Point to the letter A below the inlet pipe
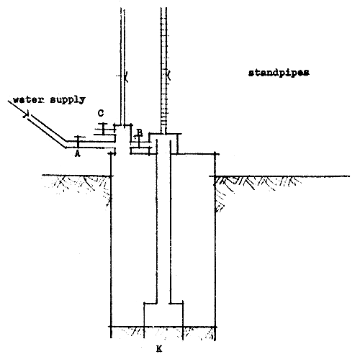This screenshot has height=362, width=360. (77, 153)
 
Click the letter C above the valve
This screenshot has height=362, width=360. (102, 114)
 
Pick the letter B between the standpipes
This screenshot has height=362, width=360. (139, 131)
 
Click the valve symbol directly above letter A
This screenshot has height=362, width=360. (77, 140)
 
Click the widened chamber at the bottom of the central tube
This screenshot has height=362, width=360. (163, 315)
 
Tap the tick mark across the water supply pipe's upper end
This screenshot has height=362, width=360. (27, 113)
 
